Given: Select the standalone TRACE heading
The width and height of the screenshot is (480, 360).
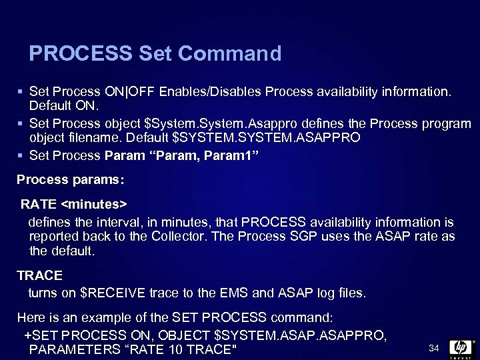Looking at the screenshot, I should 39,275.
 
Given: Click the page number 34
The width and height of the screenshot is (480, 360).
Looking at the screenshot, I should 433,348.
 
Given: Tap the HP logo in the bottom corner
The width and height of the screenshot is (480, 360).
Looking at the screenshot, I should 461,348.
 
